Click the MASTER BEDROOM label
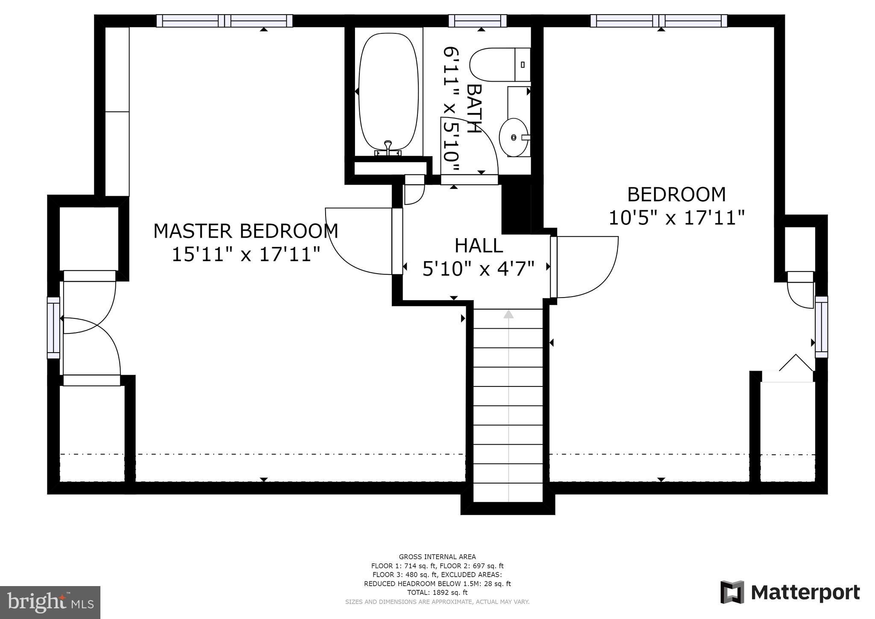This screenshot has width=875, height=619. coord(246,231)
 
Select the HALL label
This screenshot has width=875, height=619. coord(479,246)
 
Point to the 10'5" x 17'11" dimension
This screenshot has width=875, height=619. coord(676,218)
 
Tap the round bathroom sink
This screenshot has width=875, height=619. coord(514,137)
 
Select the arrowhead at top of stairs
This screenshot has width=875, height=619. coord(508,314)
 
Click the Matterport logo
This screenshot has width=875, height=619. coord(790,592)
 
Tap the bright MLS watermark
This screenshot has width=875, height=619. coord(50,602)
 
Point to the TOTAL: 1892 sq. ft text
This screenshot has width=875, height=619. coord(437,592)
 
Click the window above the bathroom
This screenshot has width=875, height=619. coord(477,21)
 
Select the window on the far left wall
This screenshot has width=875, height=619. coord(53,328)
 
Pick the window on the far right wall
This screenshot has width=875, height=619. coord(821,327)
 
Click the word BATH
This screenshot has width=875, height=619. coord(474,109)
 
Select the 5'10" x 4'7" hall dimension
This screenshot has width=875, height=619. coord(479,269)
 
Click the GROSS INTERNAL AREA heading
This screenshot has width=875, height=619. coord(437,557)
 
